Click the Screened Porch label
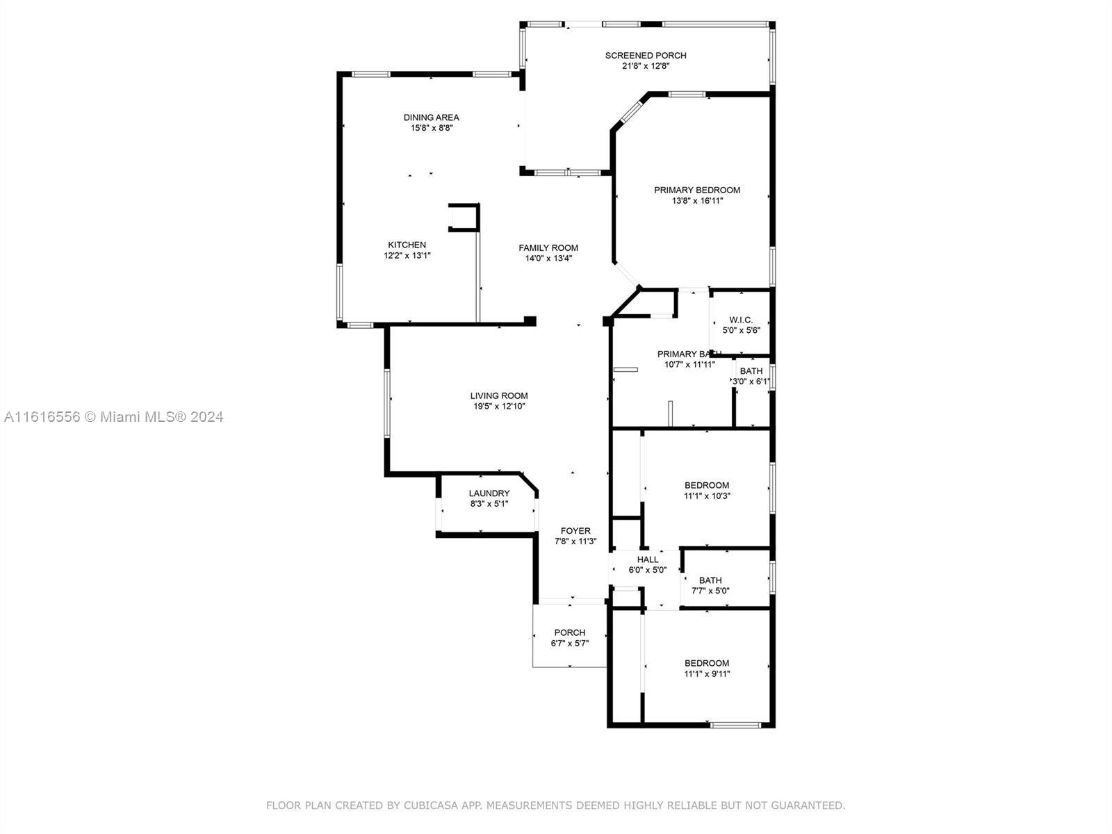point(646,55)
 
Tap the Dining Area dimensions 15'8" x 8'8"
point(432,128)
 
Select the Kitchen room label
point(407,245)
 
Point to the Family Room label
point(548,247)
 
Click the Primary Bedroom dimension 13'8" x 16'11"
point(697,201)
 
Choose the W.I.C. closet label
point(741,320)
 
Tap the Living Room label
point(499,395)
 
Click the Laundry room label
point(489,493)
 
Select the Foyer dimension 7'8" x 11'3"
point(575,541)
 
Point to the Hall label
point(648,559)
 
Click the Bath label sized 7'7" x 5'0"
point(710,580)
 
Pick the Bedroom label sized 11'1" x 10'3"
point(707,485)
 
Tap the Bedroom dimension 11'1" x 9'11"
point(707,673)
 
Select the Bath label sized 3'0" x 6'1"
point(751,371)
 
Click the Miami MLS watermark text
point(114,417)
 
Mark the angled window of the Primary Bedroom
point(631,111)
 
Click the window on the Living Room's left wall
point(387,403)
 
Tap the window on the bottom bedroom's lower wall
point(735,725)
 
